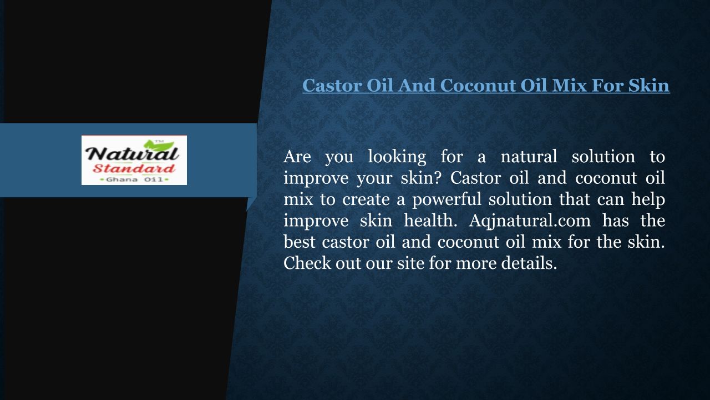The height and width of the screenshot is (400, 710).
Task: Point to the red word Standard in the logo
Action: tap(134, 168)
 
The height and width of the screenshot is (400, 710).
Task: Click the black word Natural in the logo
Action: tap(132, 154)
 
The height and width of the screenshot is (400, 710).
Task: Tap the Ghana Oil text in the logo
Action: tap(134, 179)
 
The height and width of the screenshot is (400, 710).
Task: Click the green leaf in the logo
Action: tap(159, 146)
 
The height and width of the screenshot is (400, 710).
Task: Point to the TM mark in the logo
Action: tap(158, 141)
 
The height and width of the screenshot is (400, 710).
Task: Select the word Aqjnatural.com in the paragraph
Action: tap(530, 221)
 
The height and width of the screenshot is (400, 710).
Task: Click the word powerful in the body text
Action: tap(447, 199)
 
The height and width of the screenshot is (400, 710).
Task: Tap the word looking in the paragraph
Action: tap(397, 157)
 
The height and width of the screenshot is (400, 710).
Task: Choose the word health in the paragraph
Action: tap(430, 221)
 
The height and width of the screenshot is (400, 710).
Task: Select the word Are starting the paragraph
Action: tap(297, 157)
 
